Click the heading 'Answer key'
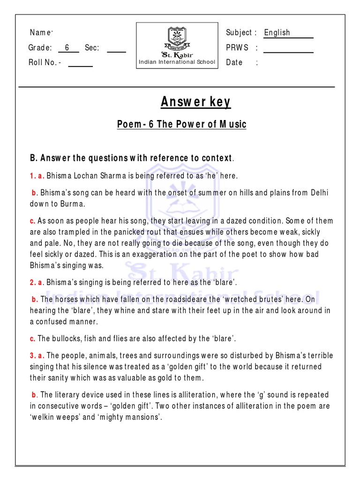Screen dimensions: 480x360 [195, 102]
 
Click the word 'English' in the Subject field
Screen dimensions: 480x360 [277, 32]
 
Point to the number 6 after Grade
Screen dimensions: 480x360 [67, 47]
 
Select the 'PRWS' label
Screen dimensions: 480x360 [237, 47]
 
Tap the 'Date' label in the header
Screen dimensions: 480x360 [234, 62]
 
